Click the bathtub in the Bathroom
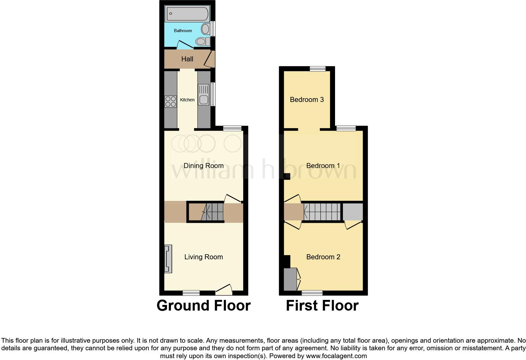click(x=187, y=14)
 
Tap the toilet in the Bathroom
click(x=203, y=42)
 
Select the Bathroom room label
click(x=183, y=31)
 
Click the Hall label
click(x=187, y=59)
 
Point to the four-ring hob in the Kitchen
click(x=171, y=101)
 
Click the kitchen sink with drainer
click(x=204, y=94)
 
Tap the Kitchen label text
click(x=187, y=100)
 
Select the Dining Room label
click(x=204, y=166)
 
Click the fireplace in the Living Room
click(x=168, y=259)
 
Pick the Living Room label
click(x=204, y=257)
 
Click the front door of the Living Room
click(x=224, y=290)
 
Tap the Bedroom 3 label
click(x=307, y=99)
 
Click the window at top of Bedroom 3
click(x=317, y=69)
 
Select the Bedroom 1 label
click(x=323, y=166)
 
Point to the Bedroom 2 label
click(x=323, y=257)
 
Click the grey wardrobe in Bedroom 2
click(x=290, y=279)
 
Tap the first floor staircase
click(x=322, y=212)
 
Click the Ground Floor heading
click(x=204, y=306)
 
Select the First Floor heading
click(x=322, y=306)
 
